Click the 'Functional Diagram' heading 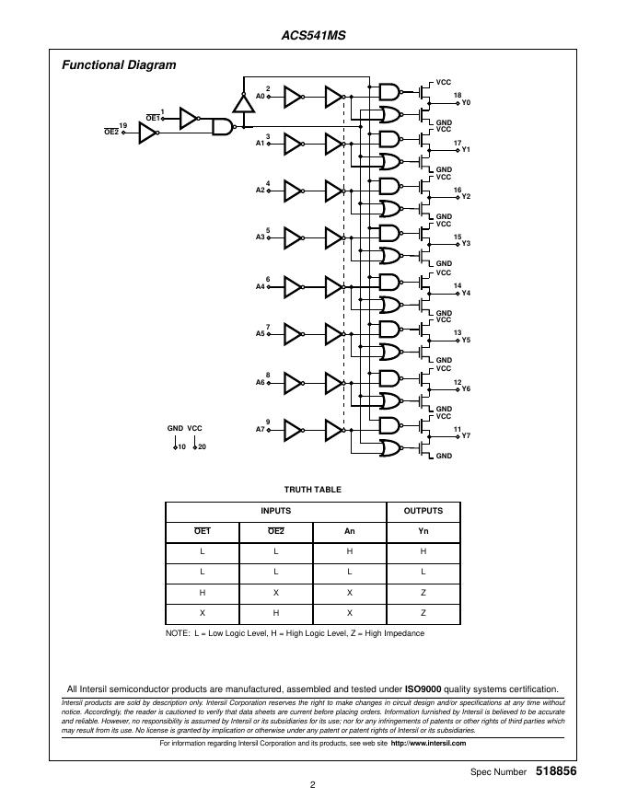coord(119,65)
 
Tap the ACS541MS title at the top coord(313,37)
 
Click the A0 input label coord(260,96)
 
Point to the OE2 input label coord(111,133)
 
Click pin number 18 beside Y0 coord(457,96)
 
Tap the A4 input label coord(260,286)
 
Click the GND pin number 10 coord(181,446)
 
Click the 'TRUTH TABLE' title coord(312,490)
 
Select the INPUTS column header coord(275,511)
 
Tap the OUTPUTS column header coord(423,511)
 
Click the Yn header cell coord(423,531)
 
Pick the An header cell coord(349,531)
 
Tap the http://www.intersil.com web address coord(428,743)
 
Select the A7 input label coord(260,430)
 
